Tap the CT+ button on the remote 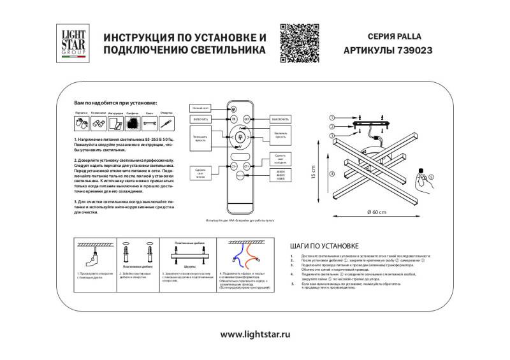click(248, 166)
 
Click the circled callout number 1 click(331, 119)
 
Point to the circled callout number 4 click(331, 174)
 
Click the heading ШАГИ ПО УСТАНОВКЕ click(324, 245)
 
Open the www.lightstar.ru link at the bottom click(255, 333)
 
